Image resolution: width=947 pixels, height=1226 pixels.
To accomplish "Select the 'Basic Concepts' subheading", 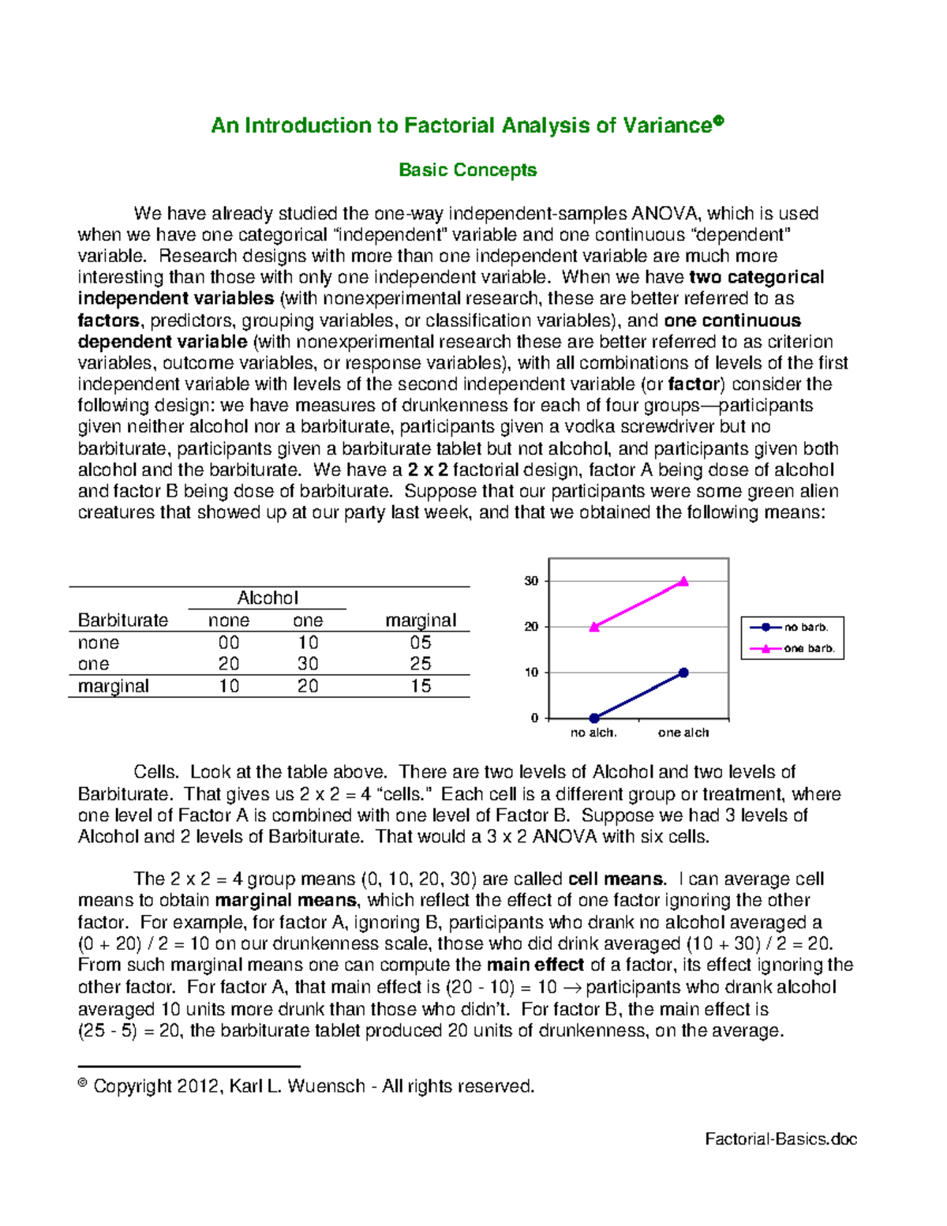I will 467,170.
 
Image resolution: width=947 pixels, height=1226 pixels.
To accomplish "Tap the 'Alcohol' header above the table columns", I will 268,598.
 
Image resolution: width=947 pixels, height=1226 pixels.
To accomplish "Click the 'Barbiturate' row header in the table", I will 122,620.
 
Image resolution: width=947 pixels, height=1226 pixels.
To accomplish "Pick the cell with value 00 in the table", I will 229,642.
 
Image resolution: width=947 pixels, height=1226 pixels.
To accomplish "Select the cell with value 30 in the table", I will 308,664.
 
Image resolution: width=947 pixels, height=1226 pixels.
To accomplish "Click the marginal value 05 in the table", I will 421,642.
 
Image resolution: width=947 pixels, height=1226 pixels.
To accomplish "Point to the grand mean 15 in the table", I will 421,686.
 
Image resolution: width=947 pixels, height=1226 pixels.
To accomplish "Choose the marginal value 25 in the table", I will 421,664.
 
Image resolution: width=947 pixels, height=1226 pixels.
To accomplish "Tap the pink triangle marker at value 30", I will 683,581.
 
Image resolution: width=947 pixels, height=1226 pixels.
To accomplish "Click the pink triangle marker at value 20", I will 594,627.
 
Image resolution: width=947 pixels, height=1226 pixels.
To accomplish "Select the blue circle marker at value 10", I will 683,673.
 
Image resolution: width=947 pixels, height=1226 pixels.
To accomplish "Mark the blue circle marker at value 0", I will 594,718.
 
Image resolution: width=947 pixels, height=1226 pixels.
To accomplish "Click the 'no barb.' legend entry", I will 805,628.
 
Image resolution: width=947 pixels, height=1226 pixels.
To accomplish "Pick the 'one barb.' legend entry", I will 808,649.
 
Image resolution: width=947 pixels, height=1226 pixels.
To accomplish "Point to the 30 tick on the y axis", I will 531,581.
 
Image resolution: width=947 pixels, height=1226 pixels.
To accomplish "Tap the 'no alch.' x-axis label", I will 593,733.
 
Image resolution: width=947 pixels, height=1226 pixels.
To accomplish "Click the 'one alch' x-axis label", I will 683,733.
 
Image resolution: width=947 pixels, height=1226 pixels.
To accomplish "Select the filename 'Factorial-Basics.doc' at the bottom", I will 780,1139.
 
